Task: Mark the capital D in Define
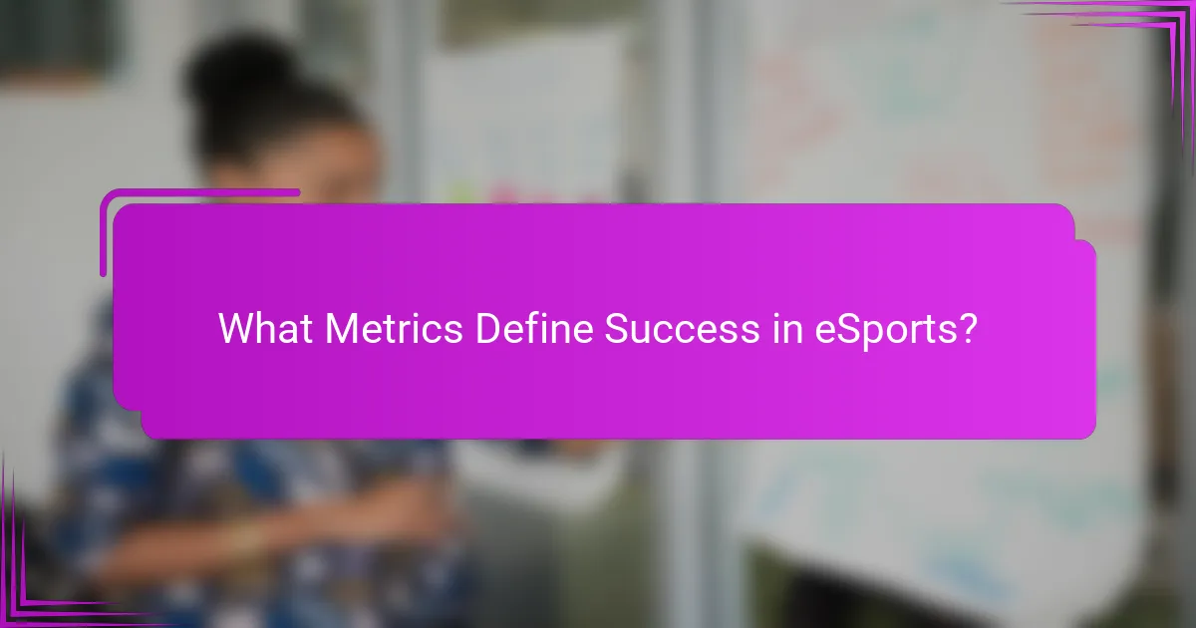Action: pyautogui.click(x=485, y=328)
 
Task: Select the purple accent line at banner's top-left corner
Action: pyautogui.click(x=199, y=192)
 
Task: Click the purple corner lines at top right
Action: pyautogui.click(x=1146, y=30)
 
